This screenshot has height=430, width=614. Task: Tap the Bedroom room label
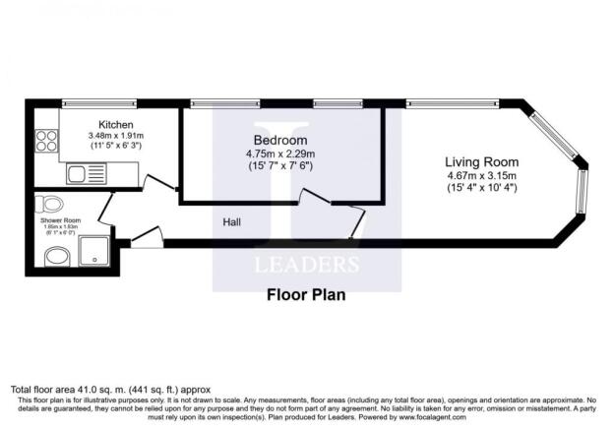tap(280, 139)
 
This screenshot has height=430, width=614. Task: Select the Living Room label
tap(481, 161)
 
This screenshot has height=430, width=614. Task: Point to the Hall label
tap(232, 221)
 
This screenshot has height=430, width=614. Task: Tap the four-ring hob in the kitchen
tap(45, 141)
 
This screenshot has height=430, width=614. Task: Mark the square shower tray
tap(96, 252)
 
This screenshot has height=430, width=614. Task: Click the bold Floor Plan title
tap(306, 293)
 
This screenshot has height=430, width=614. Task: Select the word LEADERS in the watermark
tap(307, 264)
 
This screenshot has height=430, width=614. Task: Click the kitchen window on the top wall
tap(97, 102)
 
